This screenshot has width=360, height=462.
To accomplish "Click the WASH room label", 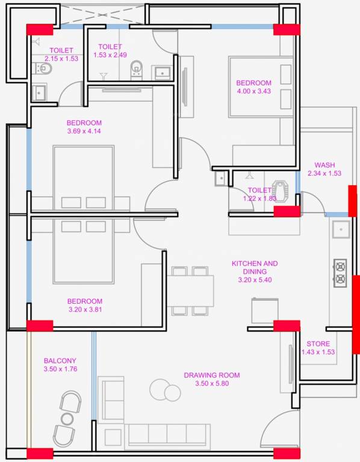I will point(324,165).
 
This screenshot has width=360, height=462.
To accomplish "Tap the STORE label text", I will point(318,344).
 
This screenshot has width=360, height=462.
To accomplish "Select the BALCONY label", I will point(60,361).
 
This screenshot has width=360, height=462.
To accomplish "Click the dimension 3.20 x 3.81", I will point(84,310).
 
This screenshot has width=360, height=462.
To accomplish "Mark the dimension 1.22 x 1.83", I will point(259,198).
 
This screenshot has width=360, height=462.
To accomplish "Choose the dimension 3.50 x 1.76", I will point(60,369).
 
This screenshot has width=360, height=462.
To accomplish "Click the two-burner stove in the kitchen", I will point(340,273).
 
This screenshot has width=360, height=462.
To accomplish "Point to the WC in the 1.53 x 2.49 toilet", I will point(137,68).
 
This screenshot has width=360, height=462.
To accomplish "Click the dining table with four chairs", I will point(191,291).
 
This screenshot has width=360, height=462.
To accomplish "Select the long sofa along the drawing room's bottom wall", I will point(167,434).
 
